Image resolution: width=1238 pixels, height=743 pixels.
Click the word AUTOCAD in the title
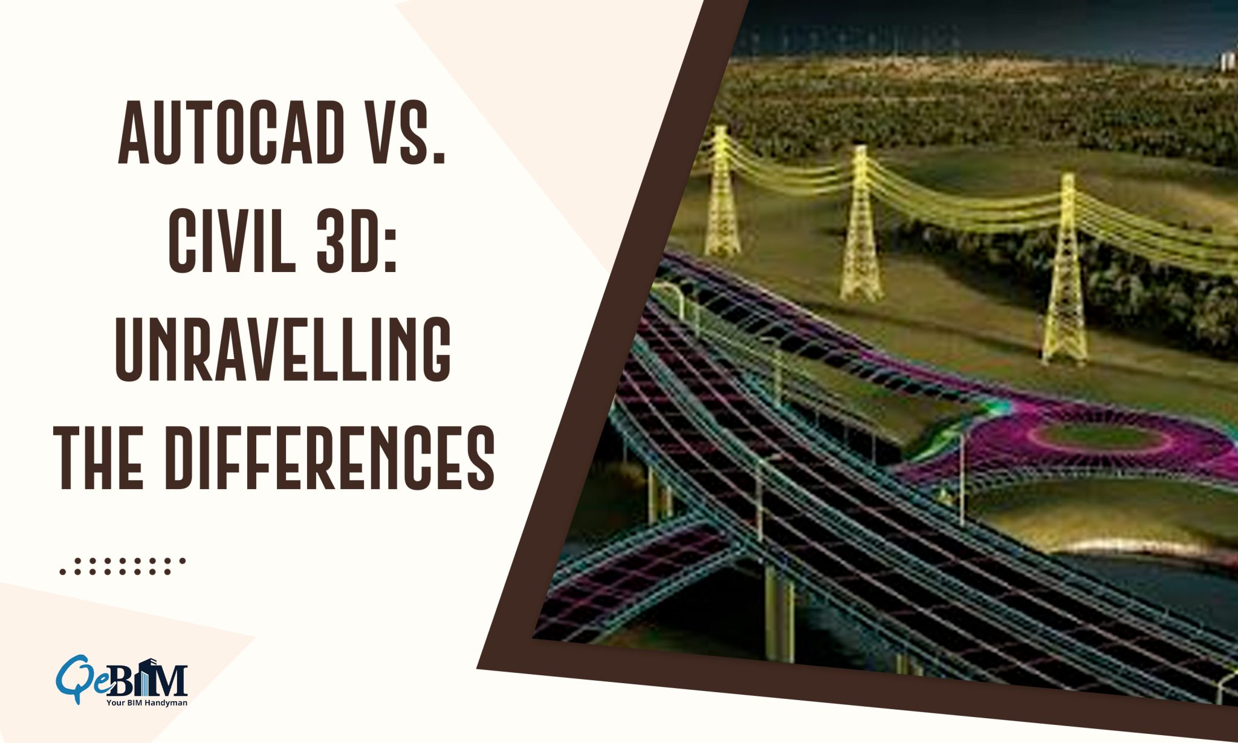click(x=232, y=133)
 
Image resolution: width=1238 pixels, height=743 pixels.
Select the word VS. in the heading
click(x=406, y=133)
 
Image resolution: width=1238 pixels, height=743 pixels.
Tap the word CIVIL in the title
click(x=232, y=241)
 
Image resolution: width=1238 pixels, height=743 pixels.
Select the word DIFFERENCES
click(x=330, y=458)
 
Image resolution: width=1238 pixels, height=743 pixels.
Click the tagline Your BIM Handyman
click(x=147, y=703)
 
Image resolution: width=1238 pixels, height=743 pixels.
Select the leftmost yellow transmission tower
click(x=722, y=193)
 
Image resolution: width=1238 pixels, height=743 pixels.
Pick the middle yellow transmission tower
click(x=861, y=224)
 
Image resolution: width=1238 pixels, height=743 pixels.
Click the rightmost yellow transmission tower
click(x=1065, y=272)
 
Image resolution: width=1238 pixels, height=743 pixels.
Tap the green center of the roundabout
click(x=1100, y=435)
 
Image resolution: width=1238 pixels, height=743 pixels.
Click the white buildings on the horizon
click(x=1227, y=61)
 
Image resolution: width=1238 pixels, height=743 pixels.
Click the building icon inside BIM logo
click(x=149, y=677)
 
